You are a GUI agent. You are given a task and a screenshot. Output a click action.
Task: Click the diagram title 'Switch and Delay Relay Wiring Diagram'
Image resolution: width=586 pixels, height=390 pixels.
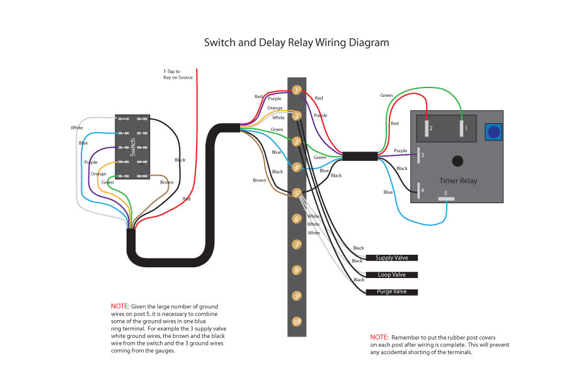pos(296,43)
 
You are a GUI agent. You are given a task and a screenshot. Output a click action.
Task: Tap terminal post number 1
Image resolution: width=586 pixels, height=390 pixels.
pos(297,90)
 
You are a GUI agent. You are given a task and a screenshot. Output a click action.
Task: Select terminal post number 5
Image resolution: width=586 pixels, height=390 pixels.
pos(297,193)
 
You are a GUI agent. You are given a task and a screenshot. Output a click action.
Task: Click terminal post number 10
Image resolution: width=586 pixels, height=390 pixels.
pos(297,321)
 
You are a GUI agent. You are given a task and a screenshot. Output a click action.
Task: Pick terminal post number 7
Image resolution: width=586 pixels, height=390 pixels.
pos(297,245)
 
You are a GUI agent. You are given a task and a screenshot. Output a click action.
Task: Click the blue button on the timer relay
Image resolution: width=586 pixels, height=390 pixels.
pos(494,131)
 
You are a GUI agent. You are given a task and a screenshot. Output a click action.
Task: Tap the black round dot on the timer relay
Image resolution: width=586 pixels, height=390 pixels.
pos(457,161)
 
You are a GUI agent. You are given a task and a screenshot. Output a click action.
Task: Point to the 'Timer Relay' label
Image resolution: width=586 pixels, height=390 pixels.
pos(458,181)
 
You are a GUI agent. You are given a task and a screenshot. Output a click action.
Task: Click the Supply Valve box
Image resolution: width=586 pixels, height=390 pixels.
pos(392,258)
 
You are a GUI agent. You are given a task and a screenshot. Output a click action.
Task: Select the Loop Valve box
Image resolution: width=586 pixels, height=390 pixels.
pos(392,275)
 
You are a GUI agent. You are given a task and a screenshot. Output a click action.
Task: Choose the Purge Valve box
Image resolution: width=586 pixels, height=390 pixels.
pos(392,292)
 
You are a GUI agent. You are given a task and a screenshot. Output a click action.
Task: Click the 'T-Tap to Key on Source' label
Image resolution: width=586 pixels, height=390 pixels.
pos(178,74)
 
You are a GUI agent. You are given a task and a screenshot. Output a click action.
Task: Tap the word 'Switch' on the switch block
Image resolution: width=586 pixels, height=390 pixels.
pos(133,147)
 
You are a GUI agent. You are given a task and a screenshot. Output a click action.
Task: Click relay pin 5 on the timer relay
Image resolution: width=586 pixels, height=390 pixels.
pos(446,199)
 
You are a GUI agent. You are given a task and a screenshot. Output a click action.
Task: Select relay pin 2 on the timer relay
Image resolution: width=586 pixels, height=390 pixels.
pos(427,128)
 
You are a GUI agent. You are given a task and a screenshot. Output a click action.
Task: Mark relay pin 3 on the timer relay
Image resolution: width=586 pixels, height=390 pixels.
pos(418,155)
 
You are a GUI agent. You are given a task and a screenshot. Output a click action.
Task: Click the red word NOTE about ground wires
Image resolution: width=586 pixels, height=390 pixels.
pos(120,306)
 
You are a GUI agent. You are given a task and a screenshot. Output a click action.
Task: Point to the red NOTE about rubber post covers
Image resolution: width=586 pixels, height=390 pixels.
pos(379,337)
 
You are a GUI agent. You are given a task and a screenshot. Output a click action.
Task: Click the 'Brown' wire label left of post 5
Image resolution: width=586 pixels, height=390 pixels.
pos(260,181)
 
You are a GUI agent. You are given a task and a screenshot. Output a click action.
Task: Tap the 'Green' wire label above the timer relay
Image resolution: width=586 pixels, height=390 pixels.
pos(386,96)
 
